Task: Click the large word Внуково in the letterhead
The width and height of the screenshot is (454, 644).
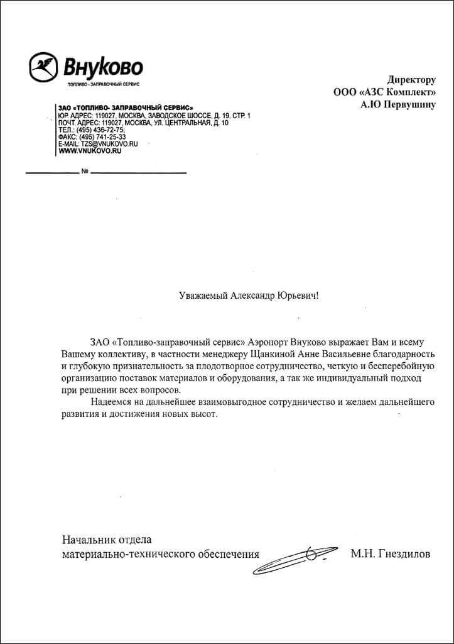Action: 102,66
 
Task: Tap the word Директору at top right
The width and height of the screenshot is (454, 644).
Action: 411,79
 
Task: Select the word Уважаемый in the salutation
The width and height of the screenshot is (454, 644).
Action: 202,294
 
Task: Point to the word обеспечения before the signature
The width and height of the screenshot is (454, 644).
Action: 225,554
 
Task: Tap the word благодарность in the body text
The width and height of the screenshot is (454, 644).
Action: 397,354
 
